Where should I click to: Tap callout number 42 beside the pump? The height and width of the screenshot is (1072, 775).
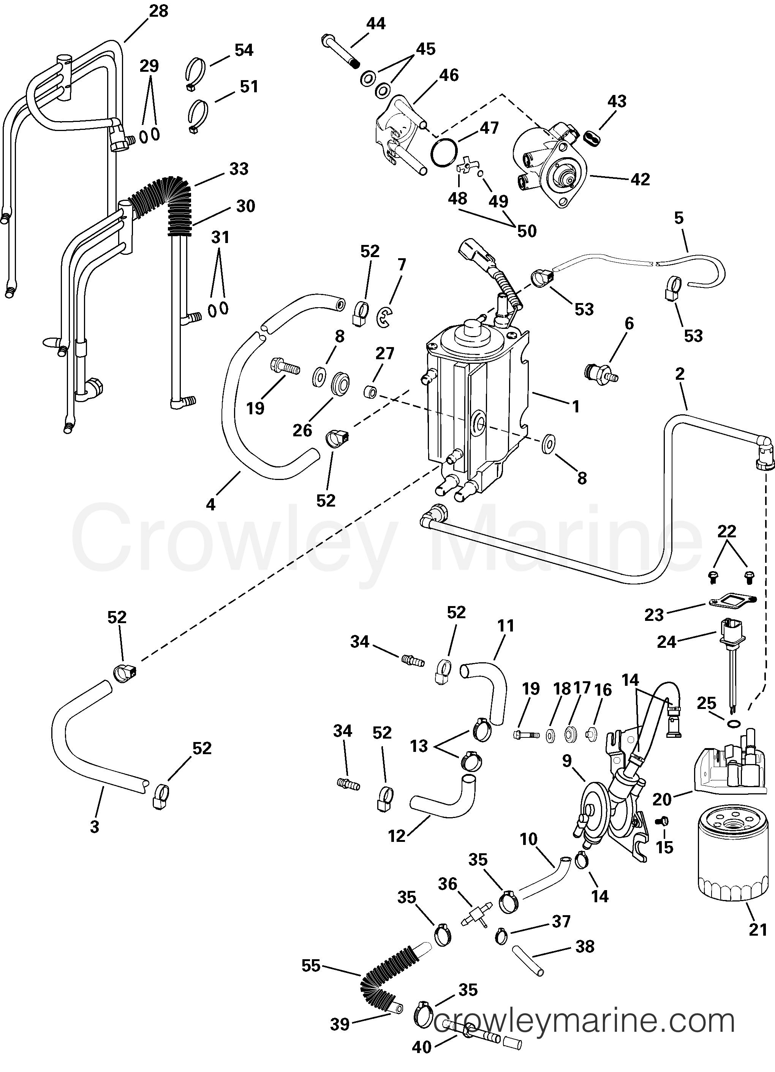click(x=640, y=179)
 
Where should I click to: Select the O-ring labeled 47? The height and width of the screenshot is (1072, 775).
click(x=444, y=153)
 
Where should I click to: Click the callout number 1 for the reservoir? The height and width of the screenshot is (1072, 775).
click(x=576, y=406)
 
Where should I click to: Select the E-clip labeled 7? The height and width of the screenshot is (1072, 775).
click(x=386, y=316)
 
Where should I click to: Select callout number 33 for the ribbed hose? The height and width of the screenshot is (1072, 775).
click(x=239, y=169)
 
